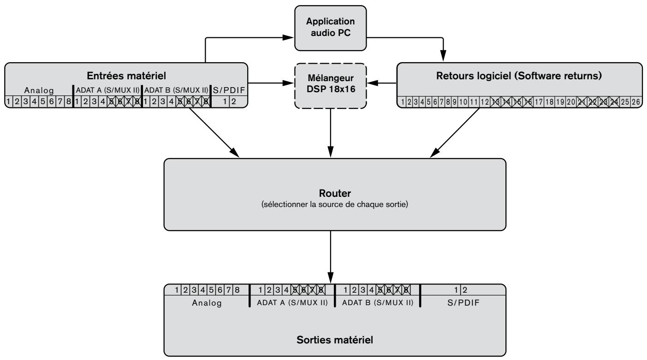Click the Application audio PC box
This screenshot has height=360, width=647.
(x=331, y=28)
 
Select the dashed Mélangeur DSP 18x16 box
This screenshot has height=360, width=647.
(x=331, y=86)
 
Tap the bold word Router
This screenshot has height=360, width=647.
(x=335, y=193)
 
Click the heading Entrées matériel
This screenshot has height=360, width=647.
(x=126, y=76)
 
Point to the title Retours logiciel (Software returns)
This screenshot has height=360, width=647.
(x=519, y=76)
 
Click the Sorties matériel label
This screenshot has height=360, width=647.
(x=335, y=340)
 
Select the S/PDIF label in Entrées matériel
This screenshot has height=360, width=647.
(x=229, y=90)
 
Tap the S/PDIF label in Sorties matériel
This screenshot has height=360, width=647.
(x=463, y=302)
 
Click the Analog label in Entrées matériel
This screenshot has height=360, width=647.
(x=39, y=90)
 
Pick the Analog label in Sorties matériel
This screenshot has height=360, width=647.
(x=207, y=303)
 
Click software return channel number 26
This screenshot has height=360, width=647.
(x=636, y=101)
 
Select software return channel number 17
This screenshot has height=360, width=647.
(x=539, y=101)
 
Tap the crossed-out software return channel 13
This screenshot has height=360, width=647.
(x=496, y=101)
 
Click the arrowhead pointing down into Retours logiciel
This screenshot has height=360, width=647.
(x=443, y=56)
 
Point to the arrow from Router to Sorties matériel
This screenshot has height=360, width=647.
(x=331, y=257)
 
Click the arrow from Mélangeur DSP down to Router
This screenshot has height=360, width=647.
(x=331, y=133)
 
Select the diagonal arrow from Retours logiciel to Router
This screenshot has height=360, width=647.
(x=455, y=133)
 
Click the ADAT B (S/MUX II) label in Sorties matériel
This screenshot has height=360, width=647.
(x=378, y=302)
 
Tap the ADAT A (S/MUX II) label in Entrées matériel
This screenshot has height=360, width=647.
(x=107, y=90)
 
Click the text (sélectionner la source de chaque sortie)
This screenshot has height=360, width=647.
(x=335, y=204)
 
